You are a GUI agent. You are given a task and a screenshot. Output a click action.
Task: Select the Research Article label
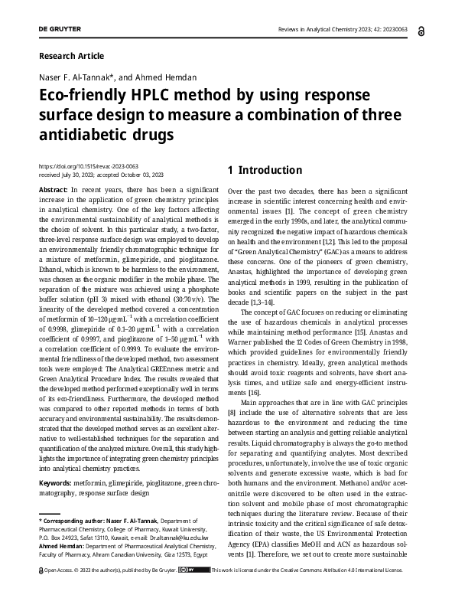pyautogui.click(x=70, y=56)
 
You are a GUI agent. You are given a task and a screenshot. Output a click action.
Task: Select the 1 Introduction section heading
pyautogui.click(x=265, y=170)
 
